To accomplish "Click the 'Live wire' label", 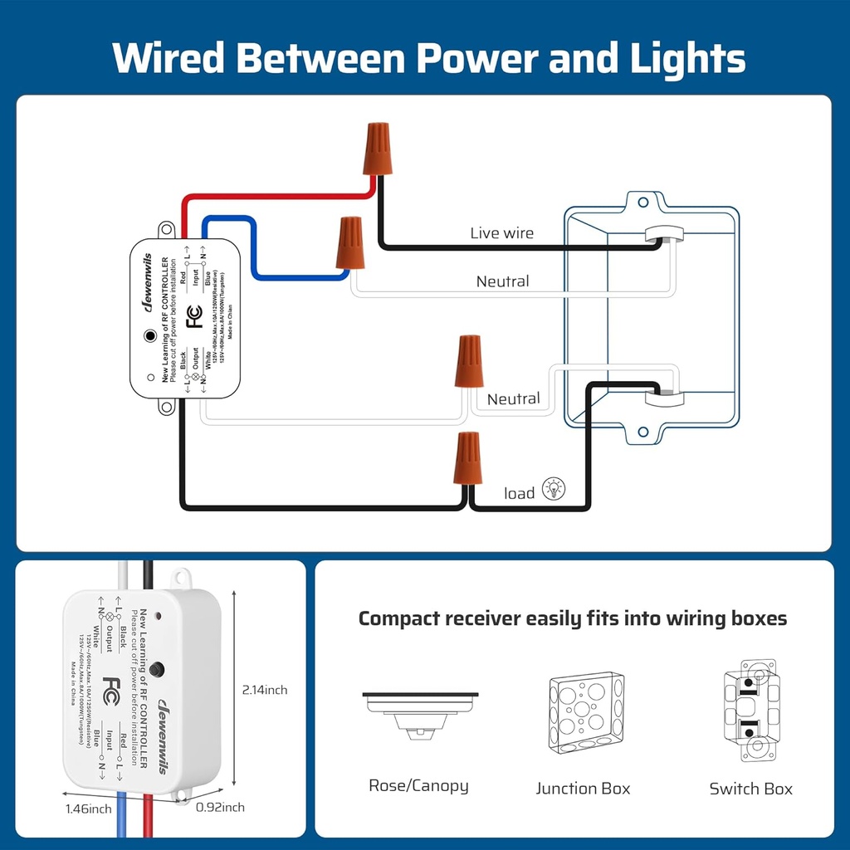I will click(501, 233).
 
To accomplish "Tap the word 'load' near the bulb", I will click(519, 494).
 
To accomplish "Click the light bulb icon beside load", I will click(554, 489).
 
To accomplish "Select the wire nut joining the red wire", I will click(378, 148).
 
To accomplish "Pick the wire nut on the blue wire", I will click(349, 243).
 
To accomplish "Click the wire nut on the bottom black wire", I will click(468, 459).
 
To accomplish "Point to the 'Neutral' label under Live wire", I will click(502, 281).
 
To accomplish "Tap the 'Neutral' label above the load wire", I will click(513, 399).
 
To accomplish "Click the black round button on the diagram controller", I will click(149, 336).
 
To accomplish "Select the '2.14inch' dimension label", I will click(265, 690).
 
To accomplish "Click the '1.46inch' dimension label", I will click(88, 808).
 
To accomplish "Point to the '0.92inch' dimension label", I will click(220, 807).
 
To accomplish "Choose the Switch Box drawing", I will click(750, 711).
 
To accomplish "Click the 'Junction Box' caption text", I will click(583, 789).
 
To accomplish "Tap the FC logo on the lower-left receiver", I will click(112, 689).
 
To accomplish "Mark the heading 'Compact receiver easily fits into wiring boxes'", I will click(572, 618).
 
